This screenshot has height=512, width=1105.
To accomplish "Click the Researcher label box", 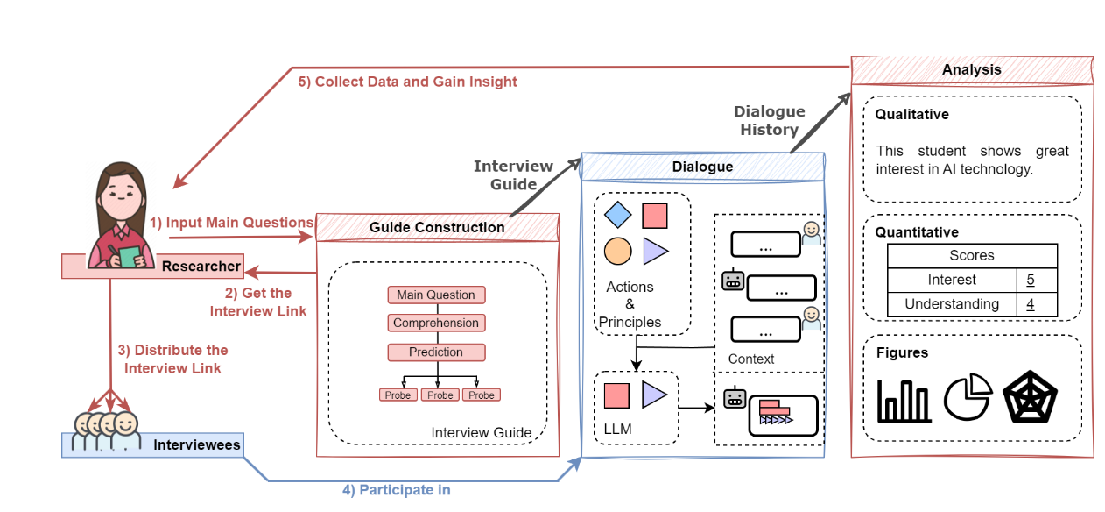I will pos(152,267).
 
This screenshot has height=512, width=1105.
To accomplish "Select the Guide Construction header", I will pos(437,227).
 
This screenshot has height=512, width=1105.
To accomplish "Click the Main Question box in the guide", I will pos(436,295).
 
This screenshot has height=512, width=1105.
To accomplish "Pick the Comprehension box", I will pos(436,324).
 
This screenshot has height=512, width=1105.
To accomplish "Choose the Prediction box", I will pos(436,352).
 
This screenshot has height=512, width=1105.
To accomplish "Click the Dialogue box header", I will pos(703,167).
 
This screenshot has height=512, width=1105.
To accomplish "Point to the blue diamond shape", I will pos(618,215).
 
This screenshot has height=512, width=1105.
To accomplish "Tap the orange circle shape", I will pos(618,252).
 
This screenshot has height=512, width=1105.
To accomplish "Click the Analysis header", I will pos(972,70).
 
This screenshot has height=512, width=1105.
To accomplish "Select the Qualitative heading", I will pos(912,115).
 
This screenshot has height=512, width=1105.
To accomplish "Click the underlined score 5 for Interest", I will pos(1031,281).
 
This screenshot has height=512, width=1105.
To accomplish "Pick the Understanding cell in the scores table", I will pos(952,304).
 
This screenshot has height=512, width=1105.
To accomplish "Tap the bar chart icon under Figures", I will pos(904,401).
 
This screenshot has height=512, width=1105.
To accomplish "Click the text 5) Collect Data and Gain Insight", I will pos(407,82).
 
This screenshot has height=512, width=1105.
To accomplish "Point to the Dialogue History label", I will pos(769,121).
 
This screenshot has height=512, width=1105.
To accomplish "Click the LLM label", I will pos(618,429).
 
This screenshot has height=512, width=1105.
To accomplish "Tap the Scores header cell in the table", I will pos(972,256).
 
